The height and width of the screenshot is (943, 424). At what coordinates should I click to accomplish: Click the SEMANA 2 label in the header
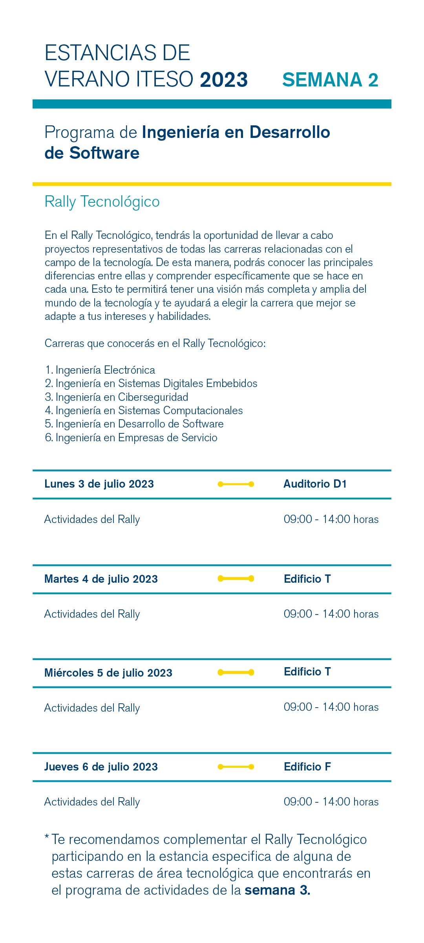click(330, 80)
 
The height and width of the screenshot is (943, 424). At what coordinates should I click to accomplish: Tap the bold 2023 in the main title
click(224, 80)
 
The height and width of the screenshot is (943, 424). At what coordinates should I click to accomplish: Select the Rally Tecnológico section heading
click(102, 202)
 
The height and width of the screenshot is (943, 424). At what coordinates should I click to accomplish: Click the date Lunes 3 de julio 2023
click(99, 484)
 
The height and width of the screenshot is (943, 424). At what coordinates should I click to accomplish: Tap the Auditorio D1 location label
click(315, 484)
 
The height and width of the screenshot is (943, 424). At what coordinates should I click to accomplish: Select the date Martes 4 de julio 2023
click(101, 579)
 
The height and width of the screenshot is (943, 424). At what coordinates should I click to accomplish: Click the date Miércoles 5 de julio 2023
click(108, 673)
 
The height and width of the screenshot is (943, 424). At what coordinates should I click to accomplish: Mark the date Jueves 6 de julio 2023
click(101, 767)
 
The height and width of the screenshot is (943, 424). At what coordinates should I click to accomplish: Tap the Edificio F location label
click(307, 767)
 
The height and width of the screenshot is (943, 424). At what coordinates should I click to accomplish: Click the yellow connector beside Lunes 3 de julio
click(236, 484)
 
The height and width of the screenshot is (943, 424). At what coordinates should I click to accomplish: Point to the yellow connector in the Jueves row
click(236, 767)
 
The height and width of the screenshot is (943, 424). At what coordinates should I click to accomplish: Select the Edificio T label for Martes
click(307, 579)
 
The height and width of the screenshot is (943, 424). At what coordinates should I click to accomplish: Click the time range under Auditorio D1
click(331, 519)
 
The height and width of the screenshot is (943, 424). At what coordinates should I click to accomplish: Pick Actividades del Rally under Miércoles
click(92, 708)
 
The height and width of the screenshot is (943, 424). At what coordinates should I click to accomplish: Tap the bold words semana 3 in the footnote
click(277, 890)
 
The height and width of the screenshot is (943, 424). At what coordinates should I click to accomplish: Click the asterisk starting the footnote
click(47, 838)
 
